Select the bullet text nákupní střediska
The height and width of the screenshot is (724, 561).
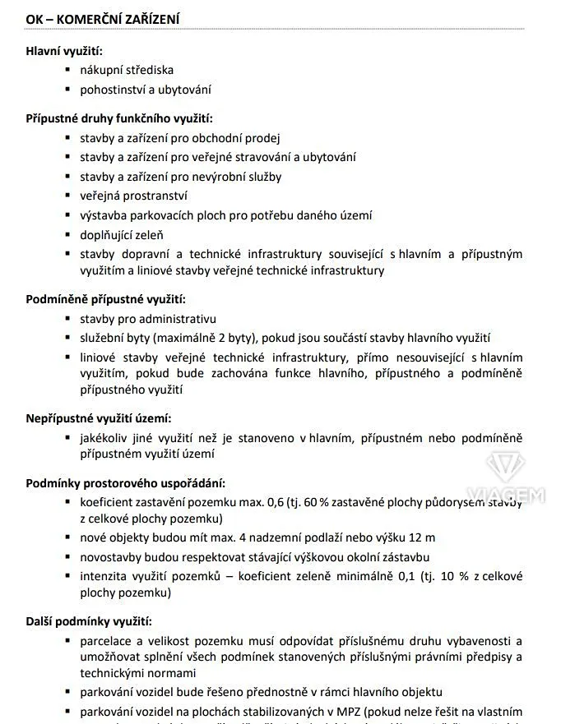(x=127, y=71)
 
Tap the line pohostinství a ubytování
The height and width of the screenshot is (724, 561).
(x=146, y=90)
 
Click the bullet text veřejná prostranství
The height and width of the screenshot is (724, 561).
(x=133, y=196)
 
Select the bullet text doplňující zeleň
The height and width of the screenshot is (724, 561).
(x=122, y=235)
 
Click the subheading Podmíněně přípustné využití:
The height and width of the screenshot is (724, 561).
(x=106, y=299)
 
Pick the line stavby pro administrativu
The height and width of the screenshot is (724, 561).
(x=148, y=319)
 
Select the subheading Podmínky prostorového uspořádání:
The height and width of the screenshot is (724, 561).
(x=125, y=482)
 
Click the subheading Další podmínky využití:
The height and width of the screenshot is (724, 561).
(x=88, y=621)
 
